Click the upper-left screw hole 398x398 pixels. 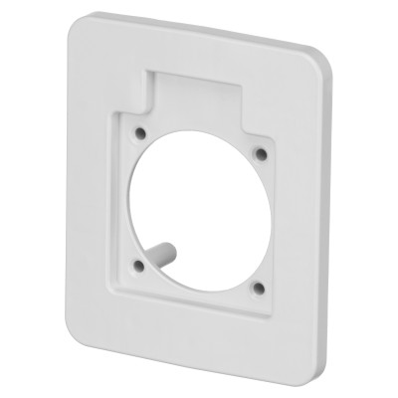tap(140, 131)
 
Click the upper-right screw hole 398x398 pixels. tap(261, 153)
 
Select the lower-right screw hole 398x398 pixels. tap(257, 288)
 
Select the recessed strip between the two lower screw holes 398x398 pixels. tap(197, 292)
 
